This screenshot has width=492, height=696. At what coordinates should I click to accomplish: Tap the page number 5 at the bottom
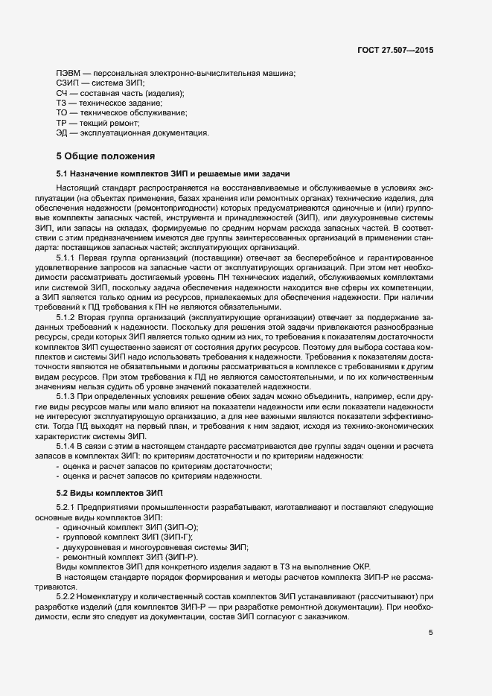[431, 633]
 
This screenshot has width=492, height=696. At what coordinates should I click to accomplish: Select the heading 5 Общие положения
[106, 156]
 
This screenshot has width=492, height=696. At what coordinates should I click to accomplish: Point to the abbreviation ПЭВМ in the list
[67, 73]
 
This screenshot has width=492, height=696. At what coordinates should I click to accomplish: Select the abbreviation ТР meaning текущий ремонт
[61, 123]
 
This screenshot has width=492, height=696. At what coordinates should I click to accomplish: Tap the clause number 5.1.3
[67, 395]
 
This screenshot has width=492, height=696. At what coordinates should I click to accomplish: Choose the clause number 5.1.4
[67, 445]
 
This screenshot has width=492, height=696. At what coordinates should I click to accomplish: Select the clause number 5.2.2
[67, 596]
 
